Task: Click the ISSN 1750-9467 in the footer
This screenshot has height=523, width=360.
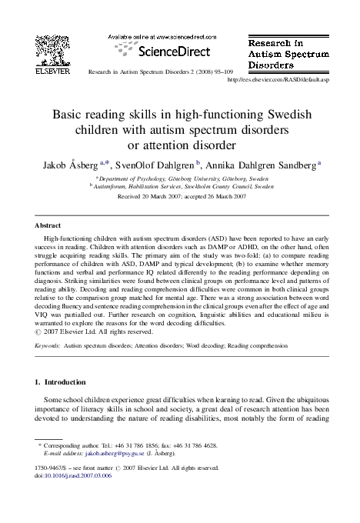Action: coord(49,467)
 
